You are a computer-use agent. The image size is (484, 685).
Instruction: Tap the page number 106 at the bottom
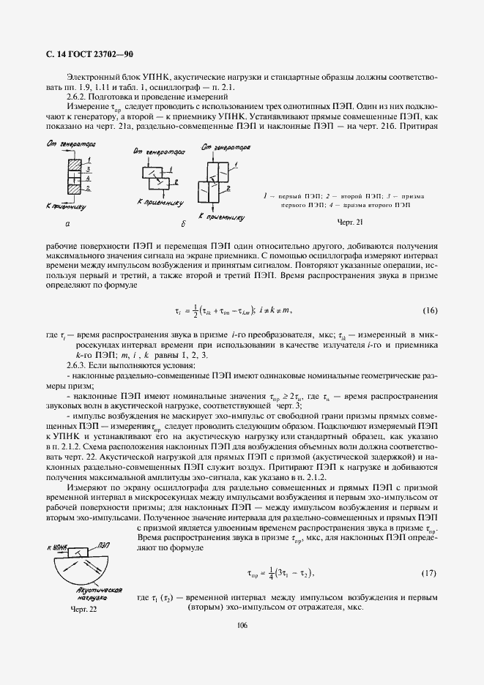(x=242, y=624)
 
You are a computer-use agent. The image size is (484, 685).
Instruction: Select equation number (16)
(x=430, y=310)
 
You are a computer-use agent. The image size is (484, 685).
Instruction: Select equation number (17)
(x=430, y=572)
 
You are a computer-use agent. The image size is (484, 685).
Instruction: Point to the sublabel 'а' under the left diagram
(x=68, y=225)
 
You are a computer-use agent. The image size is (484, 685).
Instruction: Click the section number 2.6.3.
(x=77, y=364)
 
